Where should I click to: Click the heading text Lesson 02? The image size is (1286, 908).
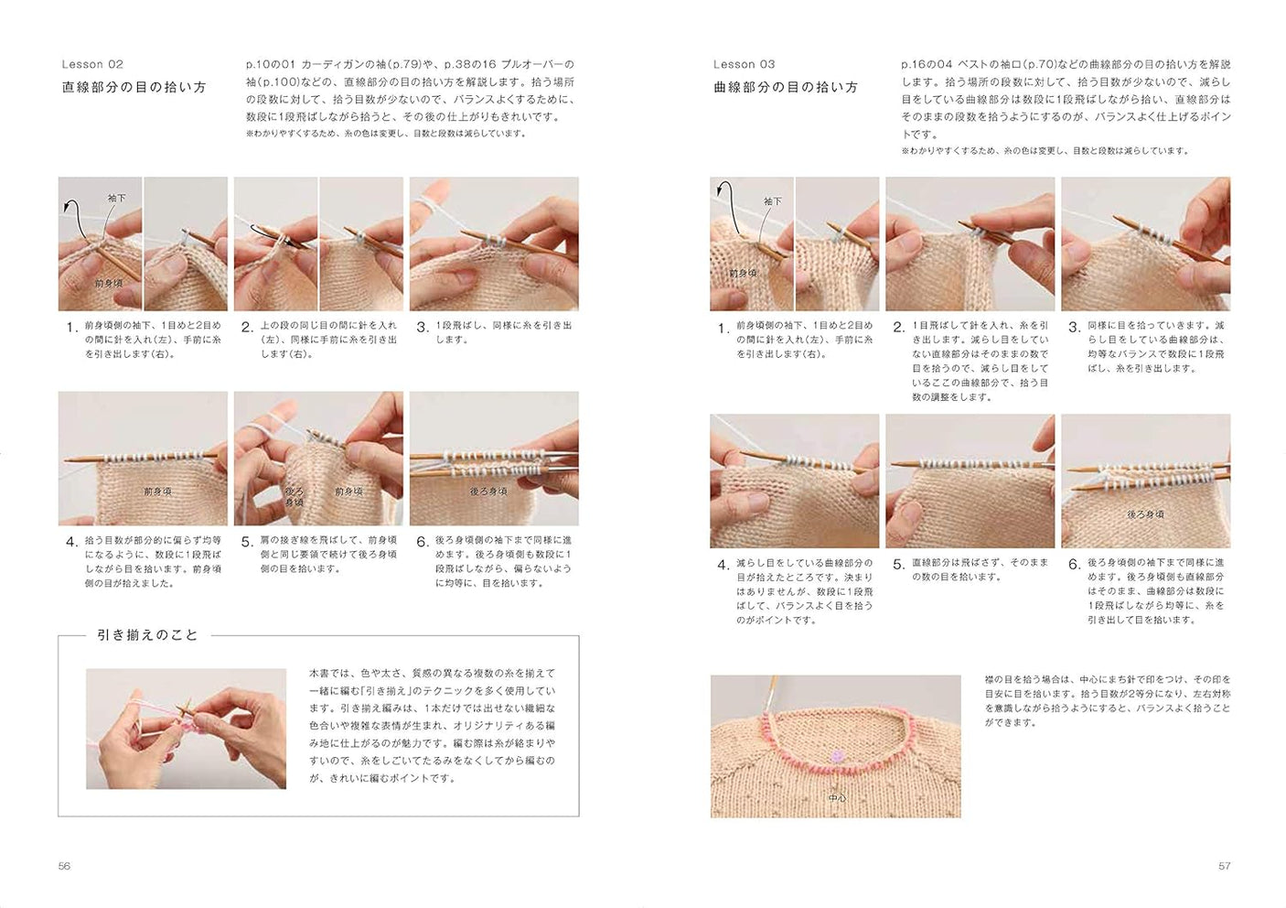[92, 64]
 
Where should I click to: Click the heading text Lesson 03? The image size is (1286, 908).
[744, 64]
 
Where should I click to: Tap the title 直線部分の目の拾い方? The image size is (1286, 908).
[134, 87]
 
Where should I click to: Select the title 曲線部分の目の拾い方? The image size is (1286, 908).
[786, 87]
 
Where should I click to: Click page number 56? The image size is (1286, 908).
[64, 866]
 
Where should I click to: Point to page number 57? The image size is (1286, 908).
[1224, 866]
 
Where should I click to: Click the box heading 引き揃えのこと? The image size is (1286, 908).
[147, 635]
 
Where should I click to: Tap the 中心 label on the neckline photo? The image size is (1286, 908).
[837, 798]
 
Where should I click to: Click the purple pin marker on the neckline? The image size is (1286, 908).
[836, 757]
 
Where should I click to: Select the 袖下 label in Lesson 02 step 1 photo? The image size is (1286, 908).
[117, 198]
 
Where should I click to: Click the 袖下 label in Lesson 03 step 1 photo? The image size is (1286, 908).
[773, 201]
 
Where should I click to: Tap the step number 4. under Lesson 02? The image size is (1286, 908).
[71, 542]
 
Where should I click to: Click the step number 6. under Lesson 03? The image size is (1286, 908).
[1074, 565]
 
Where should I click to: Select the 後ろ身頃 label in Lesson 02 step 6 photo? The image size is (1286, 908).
[488, 492]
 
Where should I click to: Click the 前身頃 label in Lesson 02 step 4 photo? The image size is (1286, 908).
[157, 492]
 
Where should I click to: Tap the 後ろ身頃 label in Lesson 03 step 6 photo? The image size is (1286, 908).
[1145, 514]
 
